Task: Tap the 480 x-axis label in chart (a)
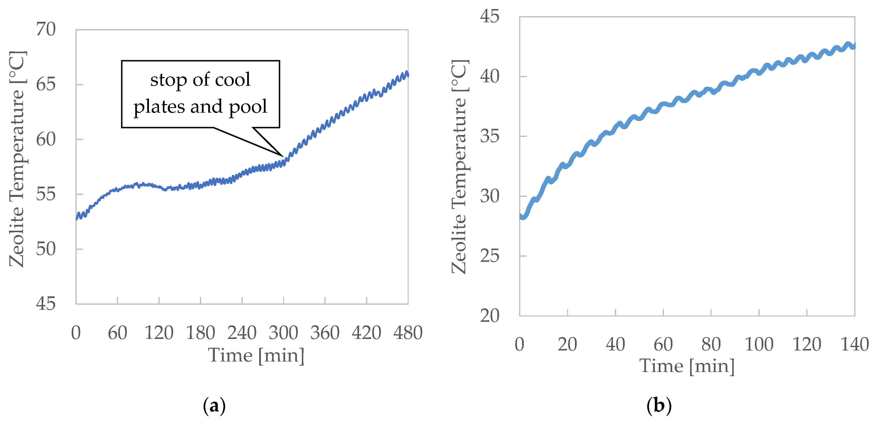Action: [408, 333]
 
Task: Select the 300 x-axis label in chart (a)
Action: [283, 333]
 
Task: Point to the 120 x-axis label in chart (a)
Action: [159, 333]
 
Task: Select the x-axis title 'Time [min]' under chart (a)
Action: [256, 356]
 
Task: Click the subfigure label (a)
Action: [214, 406]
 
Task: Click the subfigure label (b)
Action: [659, 406]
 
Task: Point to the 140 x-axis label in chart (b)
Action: [854, 344]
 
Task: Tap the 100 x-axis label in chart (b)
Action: [759, 344]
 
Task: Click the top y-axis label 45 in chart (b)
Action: [489, 16]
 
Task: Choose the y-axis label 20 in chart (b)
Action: [489, 316]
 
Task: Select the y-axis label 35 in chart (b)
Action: [489, 136]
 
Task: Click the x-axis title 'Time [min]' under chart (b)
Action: [687, 366]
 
